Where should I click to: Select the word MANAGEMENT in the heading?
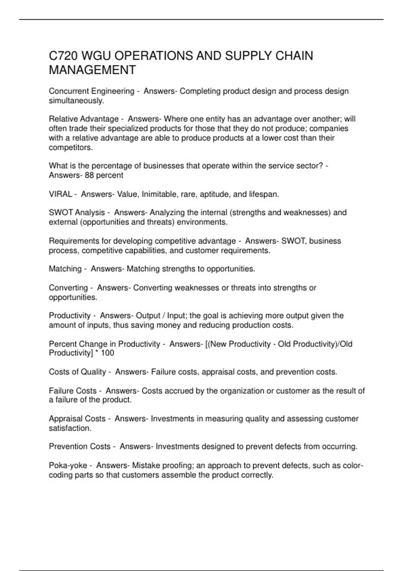[92, 70]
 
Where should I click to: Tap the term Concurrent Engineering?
[91, 91]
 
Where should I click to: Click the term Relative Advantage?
[84, 119]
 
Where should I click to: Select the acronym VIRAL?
[60, 194]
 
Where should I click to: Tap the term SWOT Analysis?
[77, 213]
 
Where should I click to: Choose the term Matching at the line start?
[65, 269]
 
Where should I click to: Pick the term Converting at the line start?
[68, 288]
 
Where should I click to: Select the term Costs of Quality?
[78, 372]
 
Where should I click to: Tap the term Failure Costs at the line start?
[73, 391]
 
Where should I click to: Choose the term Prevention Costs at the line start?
[80, 446]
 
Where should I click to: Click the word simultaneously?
[76, 101]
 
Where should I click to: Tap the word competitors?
[71, 147]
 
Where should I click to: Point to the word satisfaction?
[70, 428]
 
